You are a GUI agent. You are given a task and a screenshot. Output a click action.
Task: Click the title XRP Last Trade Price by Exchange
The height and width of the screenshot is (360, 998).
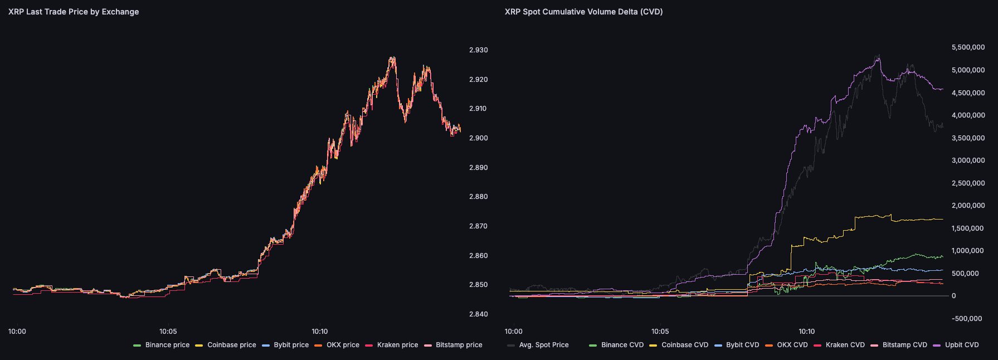74,12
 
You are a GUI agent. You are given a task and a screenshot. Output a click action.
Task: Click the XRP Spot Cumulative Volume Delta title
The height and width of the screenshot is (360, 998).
583,12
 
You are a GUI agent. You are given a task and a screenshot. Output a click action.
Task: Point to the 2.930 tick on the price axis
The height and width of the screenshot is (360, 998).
478,50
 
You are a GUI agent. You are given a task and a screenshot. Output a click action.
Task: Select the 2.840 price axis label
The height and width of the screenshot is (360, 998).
478,314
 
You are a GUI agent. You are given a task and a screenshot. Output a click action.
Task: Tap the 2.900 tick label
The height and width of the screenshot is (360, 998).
478,138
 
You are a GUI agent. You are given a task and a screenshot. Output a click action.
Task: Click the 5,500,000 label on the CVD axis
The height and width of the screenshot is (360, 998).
968,48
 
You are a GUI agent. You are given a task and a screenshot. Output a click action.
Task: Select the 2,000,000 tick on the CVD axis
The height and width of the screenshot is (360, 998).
968,206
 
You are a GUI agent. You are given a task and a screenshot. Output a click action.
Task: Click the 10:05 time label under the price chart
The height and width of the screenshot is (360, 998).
168,332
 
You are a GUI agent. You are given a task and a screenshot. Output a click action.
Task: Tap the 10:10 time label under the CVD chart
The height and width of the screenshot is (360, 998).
806,332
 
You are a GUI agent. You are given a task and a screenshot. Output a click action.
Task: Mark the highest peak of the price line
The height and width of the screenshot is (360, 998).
392,57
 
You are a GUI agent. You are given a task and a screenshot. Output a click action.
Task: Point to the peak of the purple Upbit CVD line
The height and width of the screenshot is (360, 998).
879,55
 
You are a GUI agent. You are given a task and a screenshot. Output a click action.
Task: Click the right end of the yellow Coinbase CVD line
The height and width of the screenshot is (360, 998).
942,219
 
